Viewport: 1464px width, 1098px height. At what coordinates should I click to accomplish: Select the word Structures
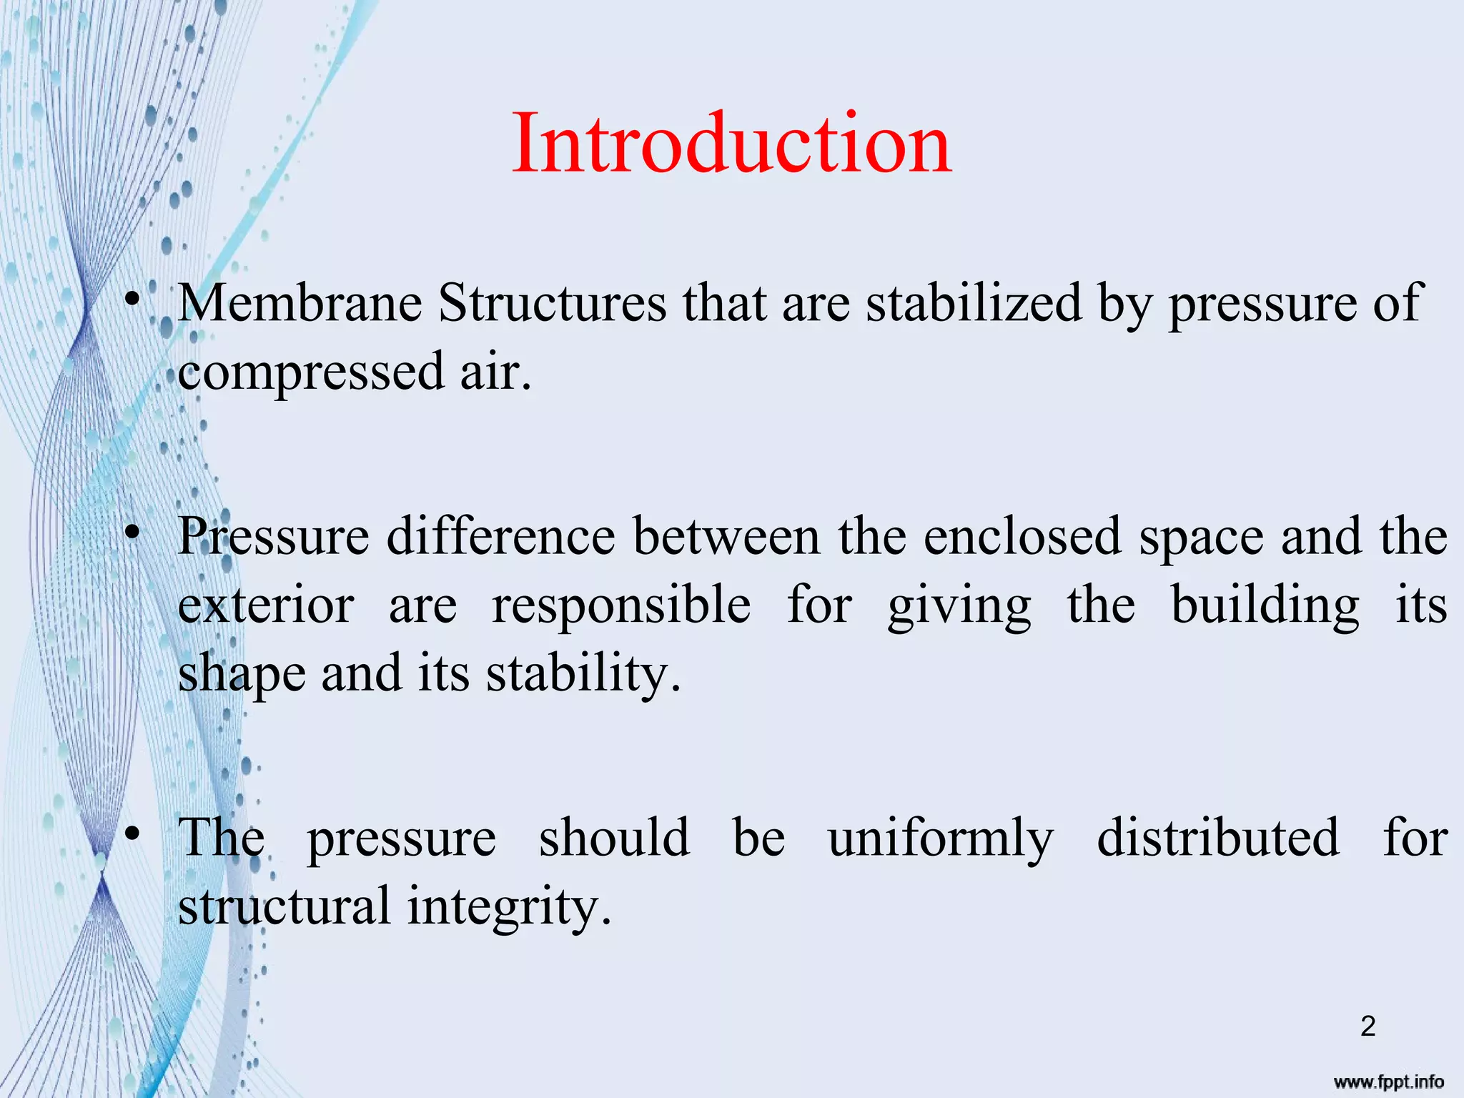click(x=553, y=304)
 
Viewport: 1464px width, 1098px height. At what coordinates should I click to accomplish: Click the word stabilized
click(x=974, y=304)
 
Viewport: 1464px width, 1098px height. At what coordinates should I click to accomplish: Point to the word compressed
click(x=311, y=373)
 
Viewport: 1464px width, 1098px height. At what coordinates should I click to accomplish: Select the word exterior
click(x=266, y=605)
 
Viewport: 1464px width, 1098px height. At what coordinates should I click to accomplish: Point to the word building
click(x=1265, y=605)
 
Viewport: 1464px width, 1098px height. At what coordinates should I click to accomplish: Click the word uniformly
click(x=941, y=838)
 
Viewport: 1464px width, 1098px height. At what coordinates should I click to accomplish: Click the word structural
click(x=285, y=906)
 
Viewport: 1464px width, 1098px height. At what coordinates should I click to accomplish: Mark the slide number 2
click(x=1367, y=1027)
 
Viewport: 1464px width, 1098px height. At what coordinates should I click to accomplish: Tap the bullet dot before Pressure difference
click(x=131, y=533)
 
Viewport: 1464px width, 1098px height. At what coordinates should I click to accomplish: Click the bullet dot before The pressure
click(x=131, y=834)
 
